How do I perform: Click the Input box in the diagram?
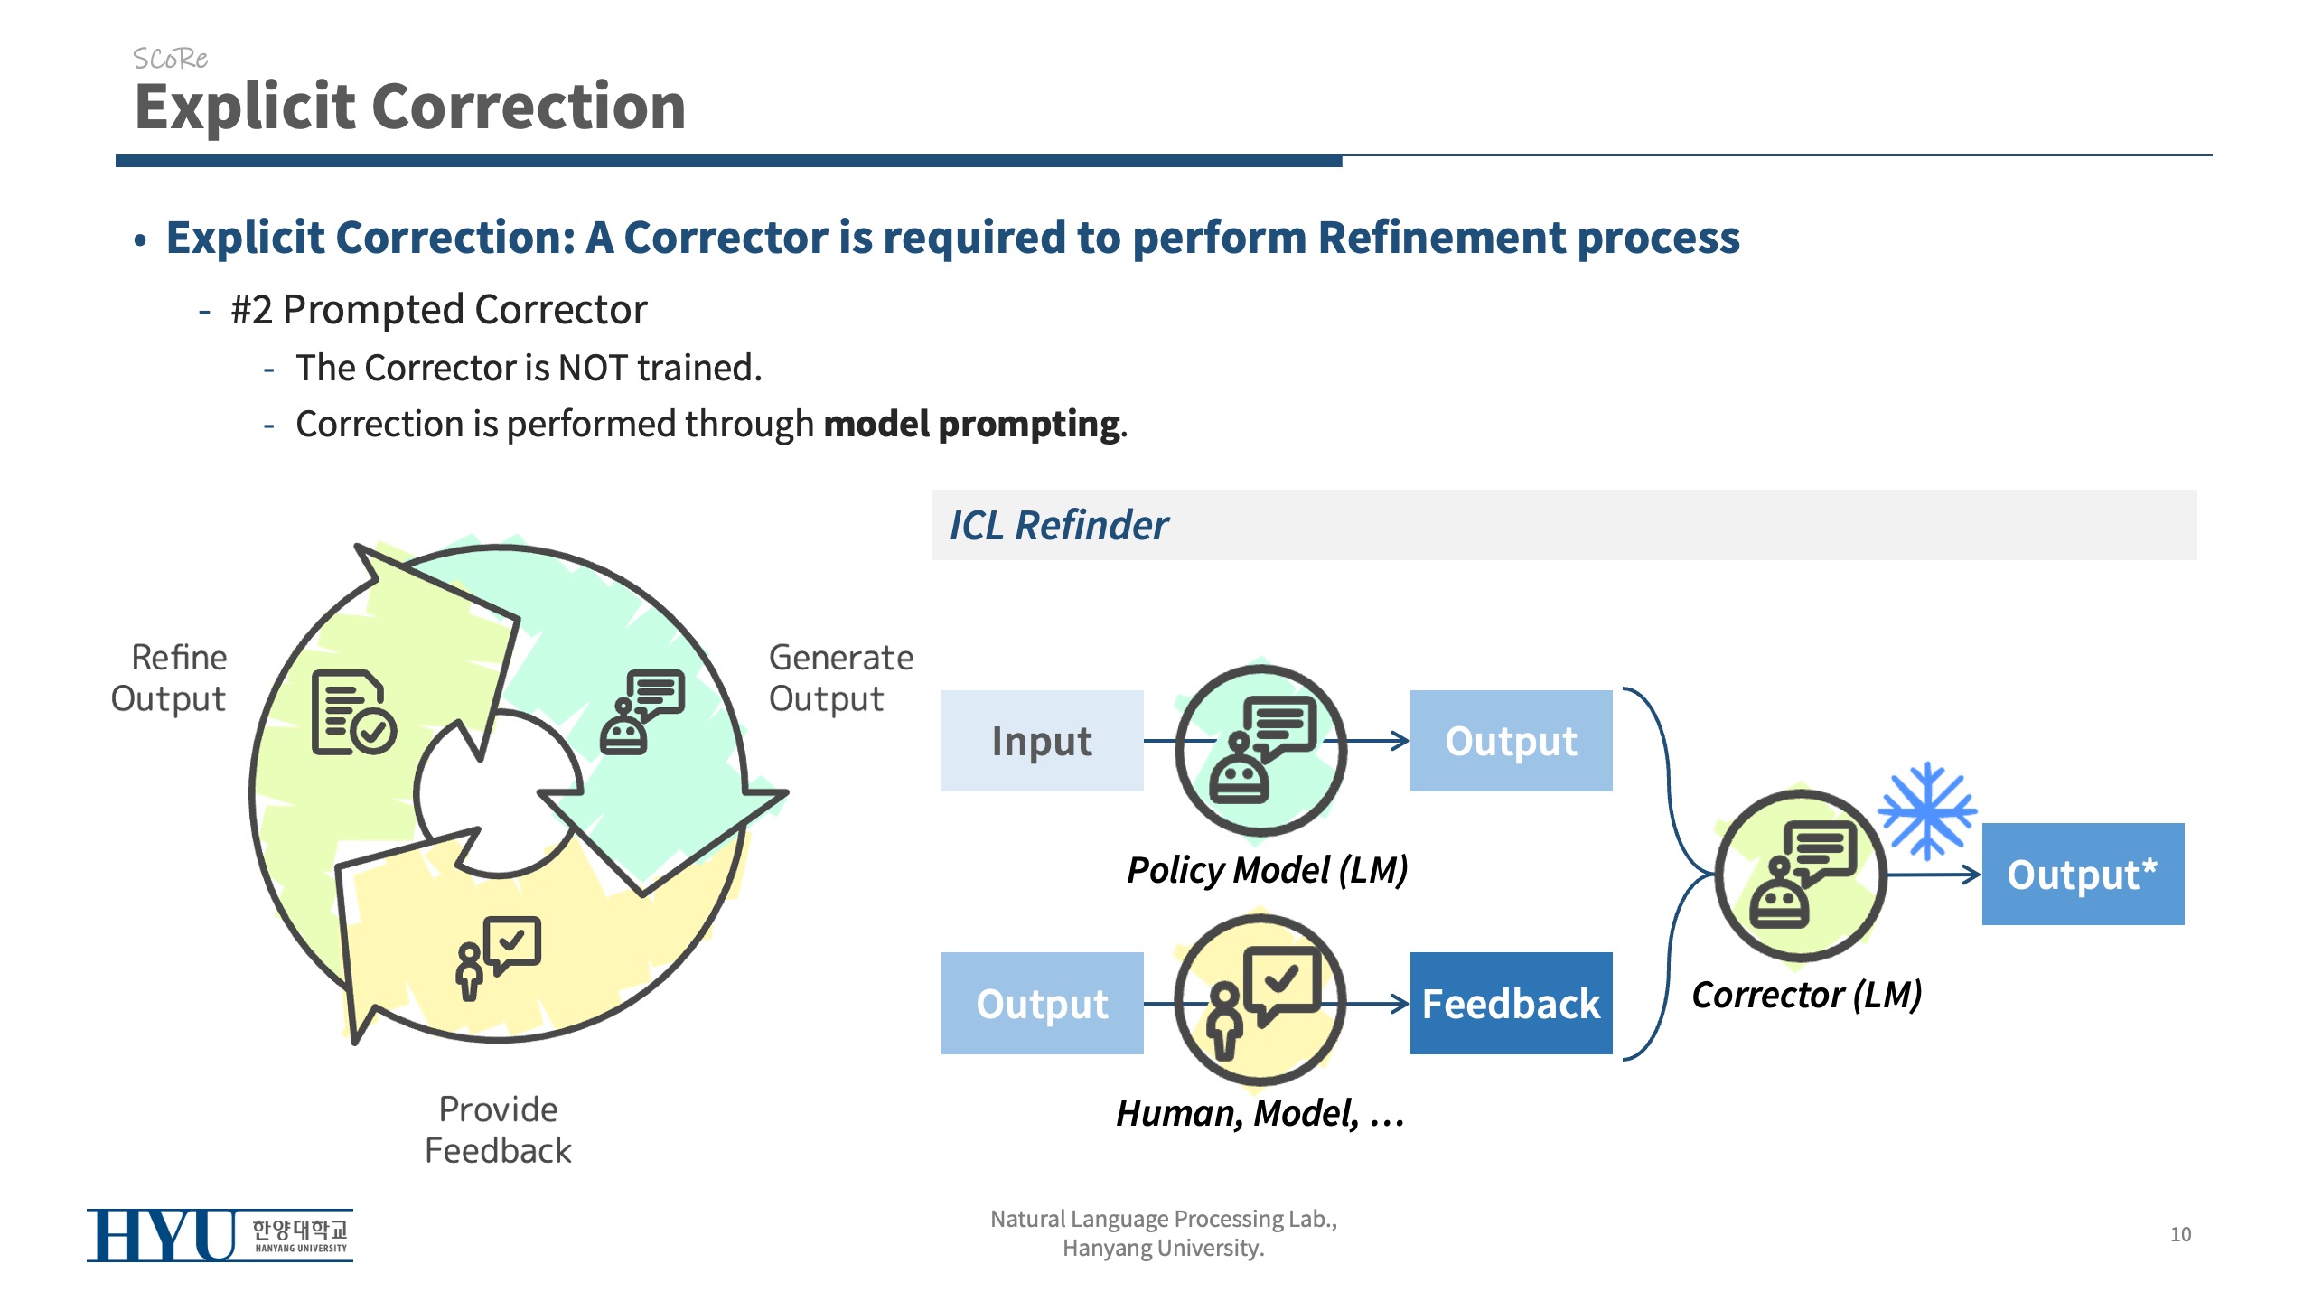tap(1042, 741)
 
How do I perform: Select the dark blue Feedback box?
tap(1511, 1003)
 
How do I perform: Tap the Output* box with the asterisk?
tap(2083, 874)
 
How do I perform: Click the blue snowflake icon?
tap(1927, 810)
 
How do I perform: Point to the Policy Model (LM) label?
tap(1267, 870)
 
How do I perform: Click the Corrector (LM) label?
tap(1806, 995)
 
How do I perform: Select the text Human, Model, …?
tap(1260, 1113)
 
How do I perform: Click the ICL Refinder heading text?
tap(1059, 525)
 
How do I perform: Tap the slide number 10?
tap(2180, 1234)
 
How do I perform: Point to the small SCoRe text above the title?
tap(170, 59)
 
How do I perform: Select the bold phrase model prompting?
tap(972, 424)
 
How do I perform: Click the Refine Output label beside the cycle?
tap(169, 678)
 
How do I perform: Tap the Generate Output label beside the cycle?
tap(840, 678)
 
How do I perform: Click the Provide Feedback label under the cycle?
tap(498, 1129)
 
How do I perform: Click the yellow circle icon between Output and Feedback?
tap(1260, 1000)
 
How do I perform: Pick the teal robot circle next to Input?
tap(1260, 749)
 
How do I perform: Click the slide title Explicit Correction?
tap(410, 107)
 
